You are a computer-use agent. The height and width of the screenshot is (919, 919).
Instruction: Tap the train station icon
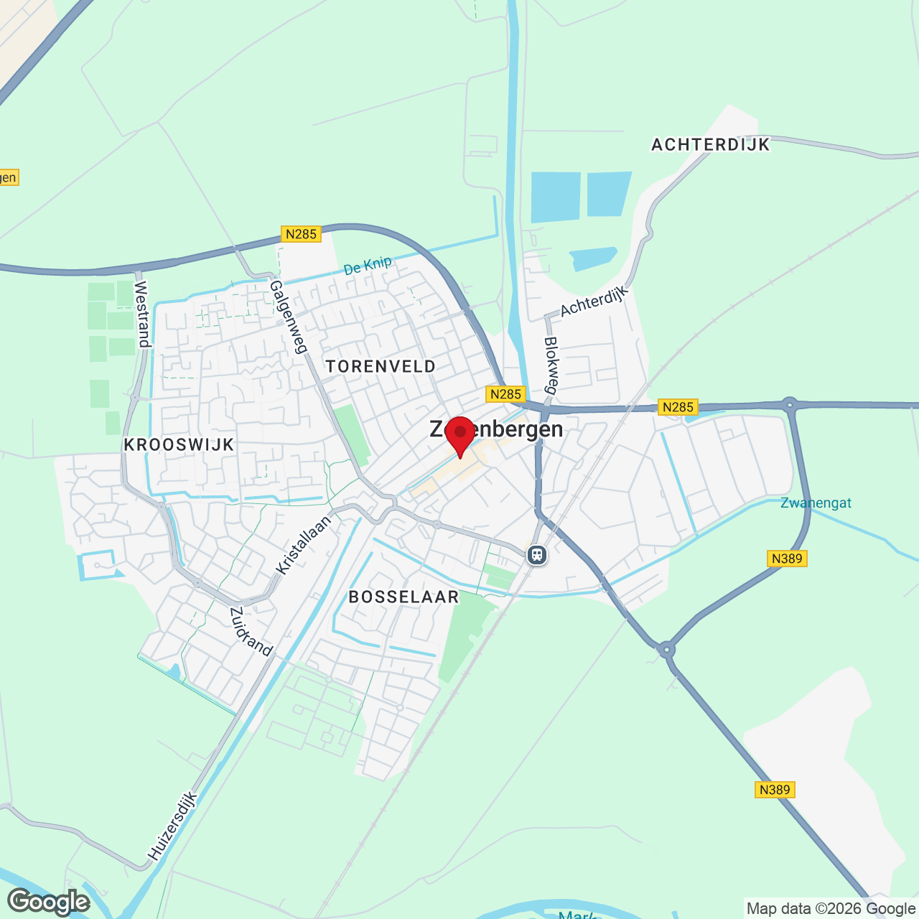coord(537,555)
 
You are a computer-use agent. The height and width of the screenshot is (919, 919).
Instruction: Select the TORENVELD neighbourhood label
coord(381,366)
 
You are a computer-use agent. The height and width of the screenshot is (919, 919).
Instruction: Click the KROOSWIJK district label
coord(179,444)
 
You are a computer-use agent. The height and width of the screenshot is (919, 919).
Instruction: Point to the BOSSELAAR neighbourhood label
coord(403,597)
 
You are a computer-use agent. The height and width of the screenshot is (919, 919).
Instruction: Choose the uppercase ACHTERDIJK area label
coord(710,144)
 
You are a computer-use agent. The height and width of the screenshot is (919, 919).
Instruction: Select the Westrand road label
coord(141,314)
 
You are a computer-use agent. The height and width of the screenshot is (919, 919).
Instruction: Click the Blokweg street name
coord(551,365)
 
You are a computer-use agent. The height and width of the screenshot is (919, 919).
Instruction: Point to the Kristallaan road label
coord(304,545)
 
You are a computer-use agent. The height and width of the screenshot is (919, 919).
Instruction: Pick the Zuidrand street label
coord(251,632)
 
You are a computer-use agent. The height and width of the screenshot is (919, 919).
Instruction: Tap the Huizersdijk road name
coord(172,826)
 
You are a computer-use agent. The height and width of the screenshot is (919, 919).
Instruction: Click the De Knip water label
coord(368,266)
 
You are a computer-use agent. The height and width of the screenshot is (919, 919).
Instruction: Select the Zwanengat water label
coord(816,503)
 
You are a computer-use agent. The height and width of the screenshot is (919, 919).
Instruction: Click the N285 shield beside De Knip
coord(301,234)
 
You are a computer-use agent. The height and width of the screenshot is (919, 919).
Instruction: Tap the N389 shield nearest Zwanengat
coord(787,559)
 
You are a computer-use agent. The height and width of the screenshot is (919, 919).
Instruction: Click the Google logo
coord(49,902)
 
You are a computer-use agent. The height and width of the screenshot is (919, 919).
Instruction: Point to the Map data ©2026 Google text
coord(831,909)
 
